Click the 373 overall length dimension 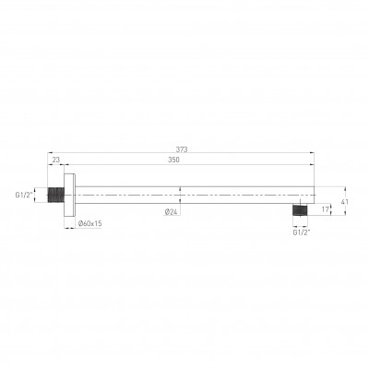(182, 149)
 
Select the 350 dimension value (173, 160)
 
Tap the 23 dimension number (56, 160)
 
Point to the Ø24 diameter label (172, 212)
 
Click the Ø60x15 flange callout (89, 223)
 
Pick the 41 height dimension (344, 202)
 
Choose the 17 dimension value (326, 209)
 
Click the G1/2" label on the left (24, 195)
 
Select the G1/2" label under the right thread (302, 232)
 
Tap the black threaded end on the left (56, 195)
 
